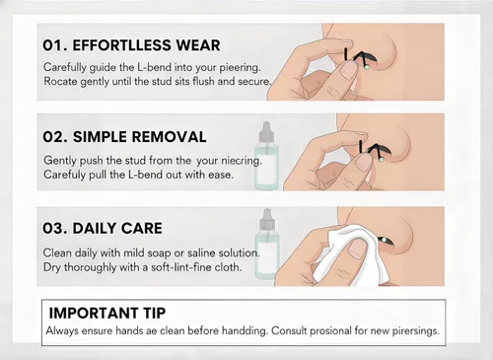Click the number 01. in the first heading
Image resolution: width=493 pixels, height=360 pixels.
click(54, 45)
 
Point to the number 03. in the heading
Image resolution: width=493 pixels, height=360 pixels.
click(55, 228)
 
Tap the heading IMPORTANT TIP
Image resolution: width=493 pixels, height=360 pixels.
click(107, 313)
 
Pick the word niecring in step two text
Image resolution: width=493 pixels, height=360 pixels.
click(242, 161)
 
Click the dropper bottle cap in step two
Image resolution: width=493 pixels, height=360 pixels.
click(266, 131)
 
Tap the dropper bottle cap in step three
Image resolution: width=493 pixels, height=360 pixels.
click(267, 220)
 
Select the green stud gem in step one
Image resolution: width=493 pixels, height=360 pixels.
click(367, 67)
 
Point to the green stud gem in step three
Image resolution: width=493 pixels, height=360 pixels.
click(383, 240)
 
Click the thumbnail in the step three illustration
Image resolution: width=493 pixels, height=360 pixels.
click(356, 249)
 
